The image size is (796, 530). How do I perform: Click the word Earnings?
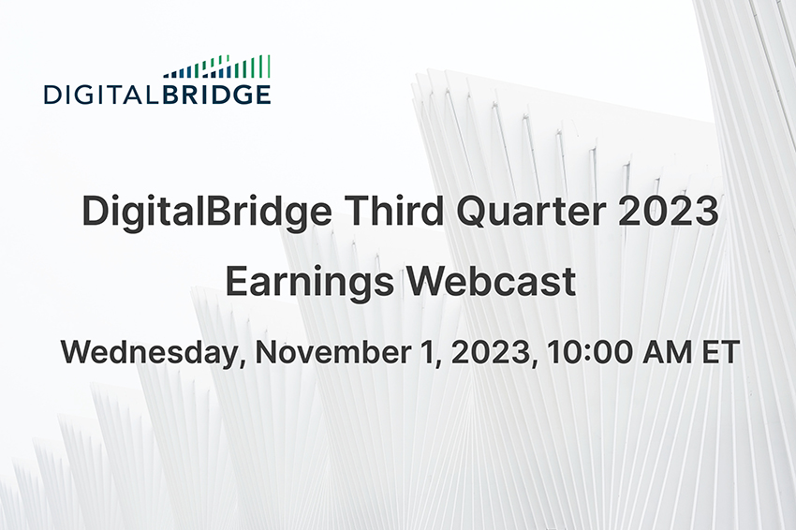(x=314, y=282)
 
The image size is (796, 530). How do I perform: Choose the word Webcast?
(x=496, y=282)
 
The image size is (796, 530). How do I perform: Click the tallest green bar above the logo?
(x=269, y=66)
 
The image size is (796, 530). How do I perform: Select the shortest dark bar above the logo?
(x=165, y=75)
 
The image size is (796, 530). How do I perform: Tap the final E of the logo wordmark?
(x=263, y=94)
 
